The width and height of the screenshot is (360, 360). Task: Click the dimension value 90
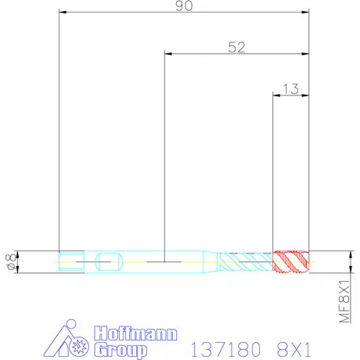point(184,6)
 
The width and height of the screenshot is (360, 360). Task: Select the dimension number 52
point(236,47)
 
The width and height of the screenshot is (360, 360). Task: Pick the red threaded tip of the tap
point(290,261)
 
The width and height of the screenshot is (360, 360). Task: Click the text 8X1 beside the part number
point(297,346)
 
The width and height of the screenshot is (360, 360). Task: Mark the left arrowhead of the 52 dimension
point(168,54)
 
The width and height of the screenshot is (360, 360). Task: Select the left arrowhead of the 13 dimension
point(275,95)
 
